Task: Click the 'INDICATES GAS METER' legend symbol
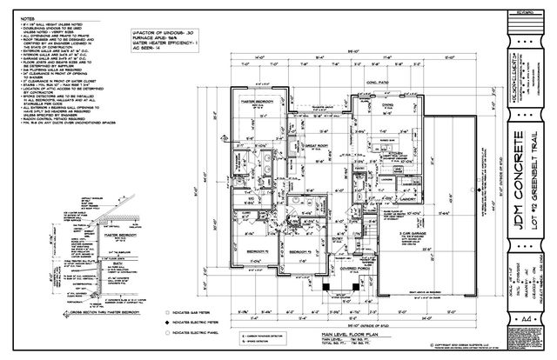click(x=165, y=310)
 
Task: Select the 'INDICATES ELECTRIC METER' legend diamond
click(x=165, y=321)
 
